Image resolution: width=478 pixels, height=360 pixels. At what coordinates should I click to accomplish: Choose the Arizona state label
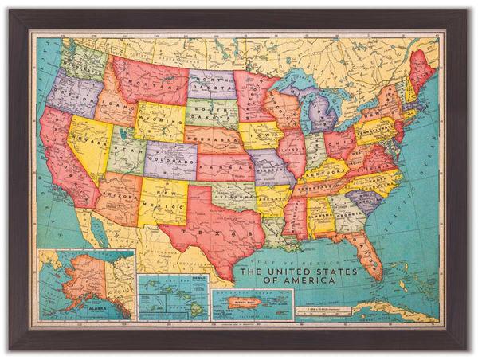(120, 197)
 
